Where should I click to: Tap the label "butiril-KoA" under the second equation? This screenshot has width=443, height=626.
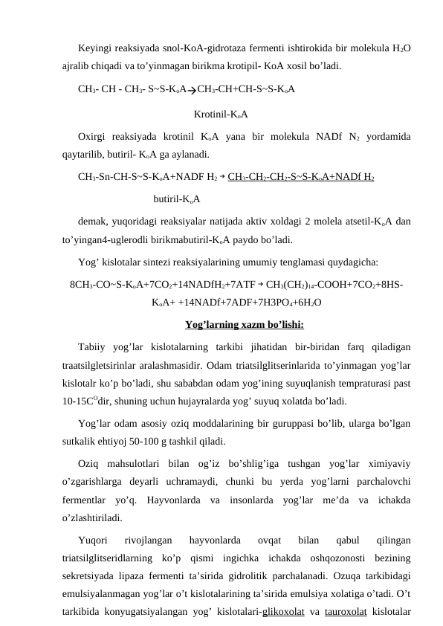point(178,199)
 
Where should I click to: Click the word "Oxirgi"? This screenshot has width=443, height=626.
point(94,136)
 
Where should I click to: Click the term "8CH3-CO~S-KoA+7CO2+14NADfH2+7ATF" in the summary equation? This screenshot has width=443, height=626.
point(161,284)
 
